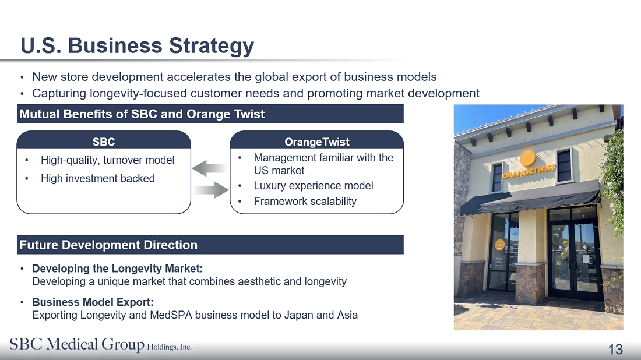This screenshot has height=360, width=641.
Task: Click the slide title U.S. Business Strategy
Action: [x=137, y=45]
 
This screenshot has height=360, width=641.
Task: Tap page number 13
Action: [x=615, y=350]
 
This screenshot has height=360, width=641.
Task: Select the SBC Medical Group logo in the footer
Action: [x=100, y=344]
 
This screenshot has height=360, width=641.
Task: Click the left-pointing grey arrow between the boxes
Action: [x=209, y=168]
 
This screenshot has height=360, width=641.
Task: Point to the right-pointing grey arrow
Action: [x=212, y=190]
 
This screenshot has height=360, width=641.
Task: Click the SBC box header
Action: [x=104, y=140]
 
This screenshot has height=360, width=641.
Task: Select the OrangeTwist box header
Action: [x=317, y=140]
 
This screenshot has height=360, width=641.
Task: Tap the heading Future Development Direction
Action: [x=108, y=245]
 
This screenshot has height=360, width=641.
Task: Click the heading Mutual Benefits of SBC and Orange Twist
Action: [x=142, y=114]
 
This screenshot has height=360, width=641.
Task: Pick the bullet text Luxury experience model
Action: [x=313, y=185]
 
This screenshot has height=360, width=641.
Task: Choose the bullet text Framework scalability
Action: [x=305, y=201]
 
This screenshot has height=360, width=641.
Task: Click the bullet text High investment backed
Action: [x=98, y=179]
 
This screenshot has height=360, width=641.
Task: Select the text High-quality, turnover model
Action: [x=108, y=160]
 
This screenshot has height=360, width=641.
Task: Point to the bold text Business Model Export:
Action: [x=93, y=302]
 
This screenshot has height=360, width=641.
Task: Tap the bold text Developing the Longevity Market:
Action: [x=117, y=269]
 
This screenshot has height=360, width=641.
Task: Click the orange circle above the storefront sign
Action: [x=528, y=158]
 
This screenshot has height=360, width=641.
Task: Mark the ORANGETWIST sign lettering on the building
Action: [x=529, y=172]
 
